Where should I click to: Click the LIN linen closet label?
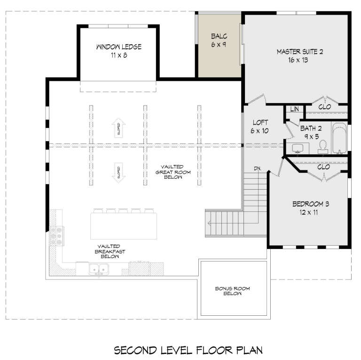pos(295,109)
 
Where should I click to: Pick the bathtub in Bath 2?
pos(339,138)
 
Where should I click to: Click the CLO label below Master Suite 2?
pos(324,107)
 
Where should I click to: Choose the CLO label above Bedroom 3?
pos(323,167)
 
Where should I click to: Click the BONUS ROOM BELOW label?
pos(228,290)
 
